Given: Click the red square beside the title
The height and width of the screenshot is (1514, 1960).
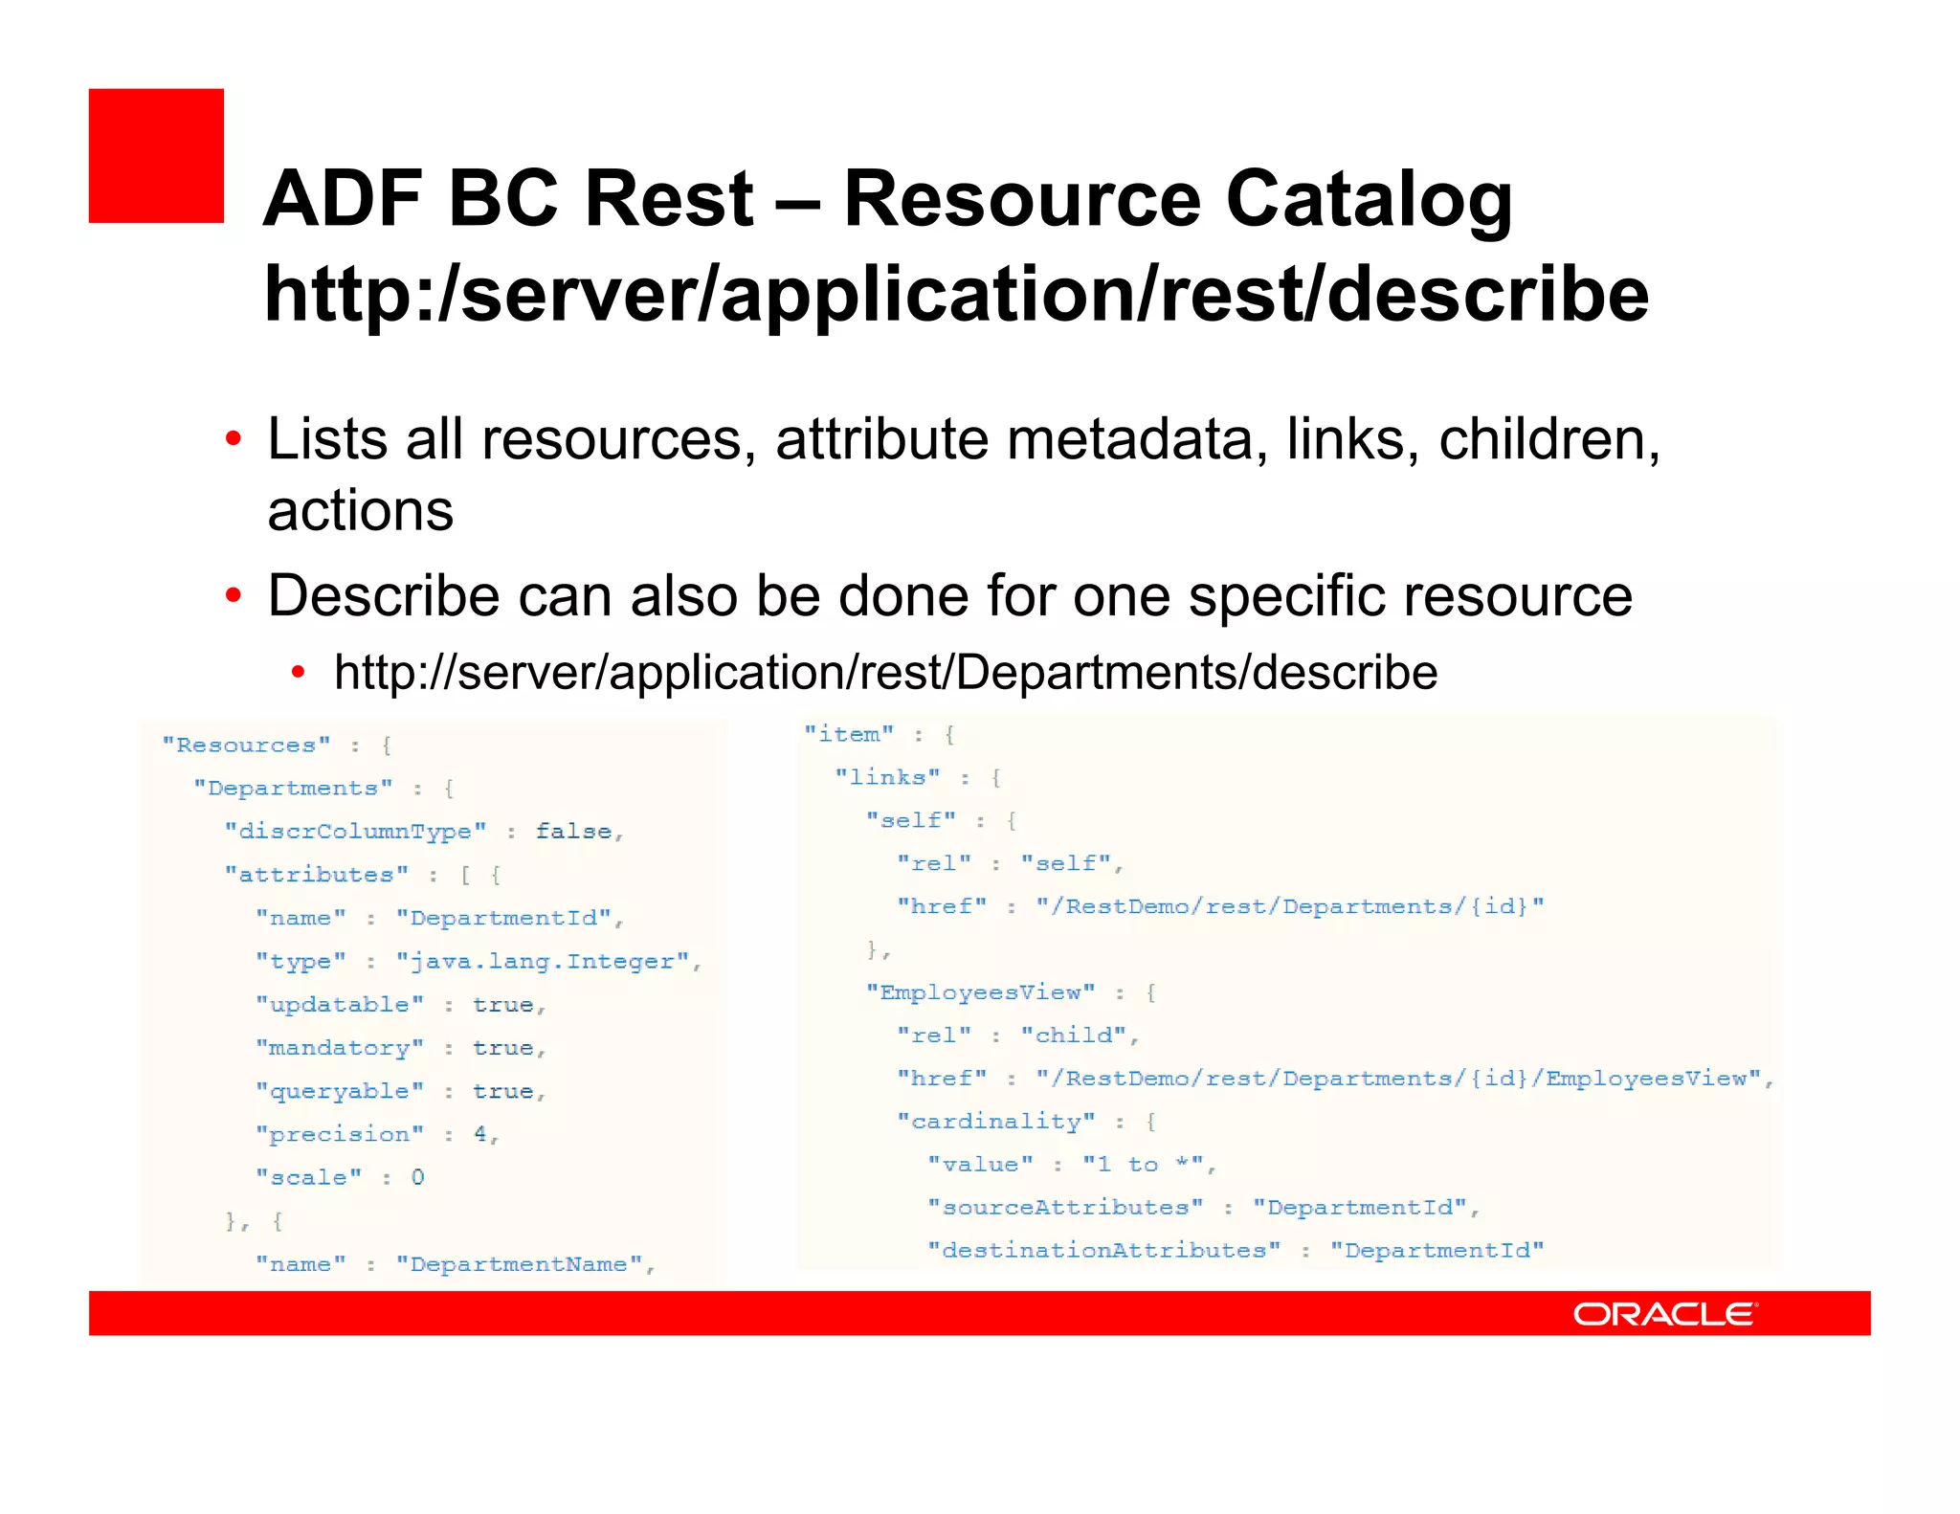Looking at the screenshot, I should [x=156, y=156].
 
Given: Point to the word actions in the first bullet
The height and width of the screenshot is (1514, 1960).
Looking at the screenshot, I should [x=360, y=511].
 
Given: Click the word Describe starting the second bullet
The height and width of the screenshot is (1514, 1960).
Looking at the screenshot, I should [x=383, y=596].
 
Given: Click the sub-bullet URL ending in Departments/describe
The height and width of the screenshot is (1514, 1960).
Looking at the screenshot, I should [x=884, y=672].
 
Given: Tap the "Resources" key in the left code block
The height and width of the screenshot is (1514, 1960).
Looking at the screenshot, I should [x=247, y=746].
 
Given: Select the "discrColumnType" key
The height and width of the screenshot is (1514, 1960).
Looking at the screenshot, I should [x=355, y=831].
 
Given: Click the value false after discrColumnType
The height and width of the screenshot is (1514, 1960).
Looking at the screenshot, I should [x=573, y=831].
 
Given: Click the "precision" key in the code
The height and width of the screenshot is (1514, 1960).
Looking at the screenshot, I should [x=340, y=1134].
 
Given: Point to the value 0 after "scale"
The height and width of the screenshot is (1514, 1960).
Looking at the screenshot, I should [x=417, y=1177].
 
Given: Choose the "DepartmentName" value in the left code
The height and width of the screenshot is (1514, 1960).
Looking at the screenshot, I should [x=520, y=1264].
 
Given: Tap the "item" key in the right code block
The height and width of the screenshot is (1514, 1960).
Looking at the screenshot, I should [x=849, y=734].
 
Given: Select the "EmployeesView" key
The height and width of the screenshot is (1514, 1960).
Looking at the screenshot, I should [x=981, y=992].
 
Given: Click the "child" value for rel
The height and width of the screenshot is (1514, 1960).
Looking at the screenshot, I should [x=1075, y=1035].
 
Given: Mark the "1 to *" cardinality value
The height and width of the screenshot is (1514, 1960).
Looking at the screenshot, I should [x=1144, y=1165].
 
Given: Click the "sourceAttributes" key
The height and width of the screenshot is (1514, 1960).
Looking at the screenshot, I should [x=1066, y=1208].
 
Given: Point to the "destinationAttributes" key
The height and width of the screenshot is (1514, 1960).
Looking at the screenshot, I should [x=1104, y=1251].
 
